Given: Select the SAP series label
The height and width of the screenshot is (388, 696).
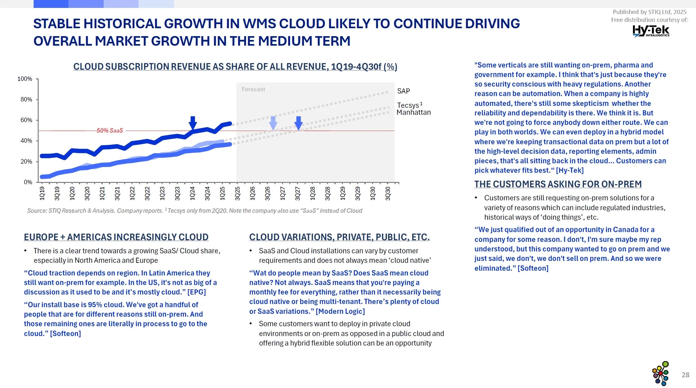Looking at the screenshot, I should coord(403,91).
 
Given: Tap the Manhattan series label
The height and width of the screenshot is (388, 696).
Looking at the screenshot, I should coord(414,113).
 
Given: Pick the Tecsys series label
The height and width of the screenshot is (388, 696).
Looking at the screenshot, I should coord(408,105).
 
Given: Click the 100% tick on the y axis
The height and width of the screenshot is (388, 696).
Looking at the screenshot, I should coord(25,79).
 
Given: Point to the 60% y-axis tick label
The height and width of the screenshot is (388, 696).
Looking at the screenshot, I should coord(26,120).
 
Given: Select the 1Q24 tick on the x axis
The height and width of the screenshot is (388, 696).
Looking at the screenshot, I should coord(192,193).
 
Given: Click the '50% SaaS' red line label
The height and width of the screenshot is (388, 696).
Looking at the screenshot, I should coord(110,131).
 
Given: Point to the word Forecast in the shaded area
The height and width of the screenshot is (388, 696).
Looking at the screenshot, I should coord(253,89).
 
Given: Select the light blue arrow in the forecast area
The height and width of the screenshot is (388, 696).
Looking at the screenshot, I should coord(273,123).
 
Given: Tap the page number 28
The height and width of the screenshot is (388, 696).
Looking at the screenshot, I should coord(686,375).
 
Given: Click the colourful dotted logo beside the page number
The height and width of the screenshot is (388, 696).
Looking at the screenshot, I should coord(661,373).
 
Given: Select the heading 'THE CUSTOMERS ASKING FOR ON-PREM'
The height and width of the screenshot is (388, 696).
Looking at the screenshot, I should coord(558,184).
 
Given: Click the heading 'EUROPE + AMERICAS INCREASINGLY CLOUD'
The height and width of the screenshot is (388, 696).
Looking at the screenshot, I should coord(116,237).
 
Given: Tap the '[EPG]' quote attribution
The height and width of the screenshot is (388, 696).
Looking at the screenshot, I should coord(197,292).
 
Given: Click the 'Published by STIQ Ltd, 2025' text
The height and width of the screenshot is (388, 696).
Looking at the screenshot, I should coord(649,12).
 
